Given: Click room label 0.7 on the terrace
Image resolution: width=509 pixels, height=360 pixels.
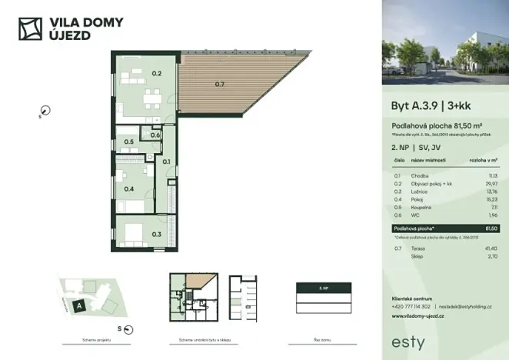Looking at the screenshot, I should (220, 83).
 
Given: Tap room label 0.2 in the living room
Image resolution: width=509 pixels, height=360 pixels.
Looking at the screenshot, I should (156, 74).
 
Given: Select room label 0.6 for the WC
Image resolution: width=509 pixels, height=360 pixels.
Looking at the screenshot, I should (156, 135).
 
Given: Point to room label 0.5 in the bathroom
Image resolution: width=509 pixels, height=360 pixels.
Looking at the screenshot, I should (130, 142).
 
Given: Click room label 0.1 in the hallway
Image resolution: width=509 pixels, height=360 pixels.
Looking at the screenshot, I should (167, 162).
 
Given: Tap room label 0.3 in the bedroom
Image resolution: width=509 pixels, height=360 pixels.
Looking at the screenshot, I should (156, 234).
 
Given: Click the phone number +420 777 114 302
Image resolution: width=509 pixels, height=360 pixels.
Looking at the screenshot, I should (412, 307).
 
